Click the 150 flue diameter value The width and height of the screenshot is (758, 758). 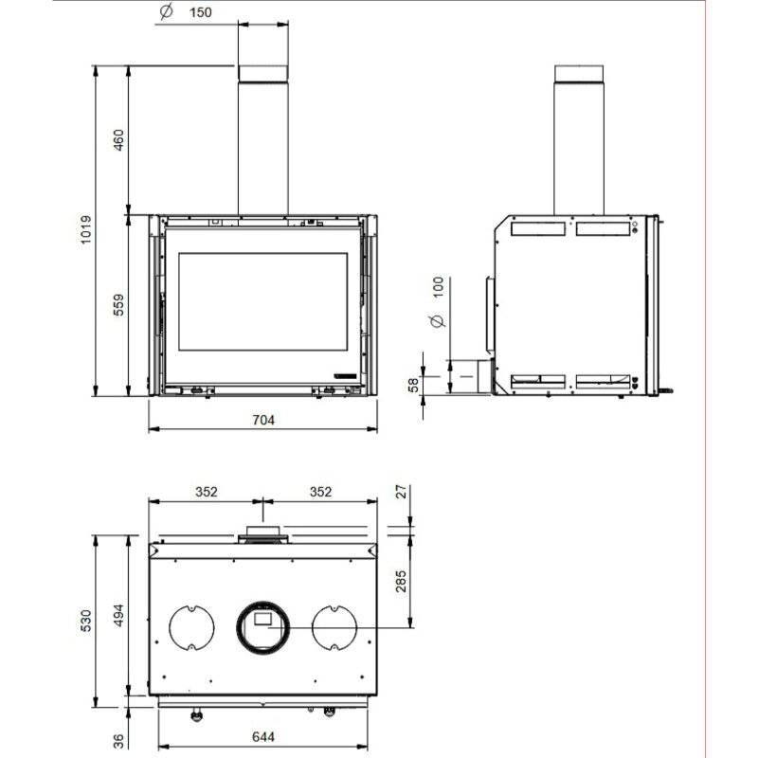click(x=200, y=12)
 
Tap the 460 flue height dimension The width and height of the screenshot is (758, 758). click(x=118, y=140)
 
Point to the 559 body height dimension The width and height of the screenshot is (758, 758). click(x=118, y=305)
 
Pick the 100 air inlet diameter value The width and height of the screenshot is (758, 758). click(x=438, y=290)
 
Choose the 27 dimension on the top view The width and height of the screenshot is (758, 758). click(x=401, y=492)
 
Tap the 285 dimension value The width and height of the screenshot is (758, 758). click(x=401, y=578)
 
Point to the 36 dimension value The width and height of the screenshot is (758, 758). click(x=118, y=740)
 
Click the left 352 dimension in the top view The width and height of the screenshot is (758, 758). click(x=207, y=492)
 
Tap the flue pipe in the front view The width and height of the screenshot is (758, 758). click(x=262, y=142)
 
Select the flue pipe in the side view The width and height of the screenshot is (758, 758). click(x=579, y=142)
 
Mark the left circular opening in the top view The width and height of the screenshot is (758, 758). click(x=192, y=627)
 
